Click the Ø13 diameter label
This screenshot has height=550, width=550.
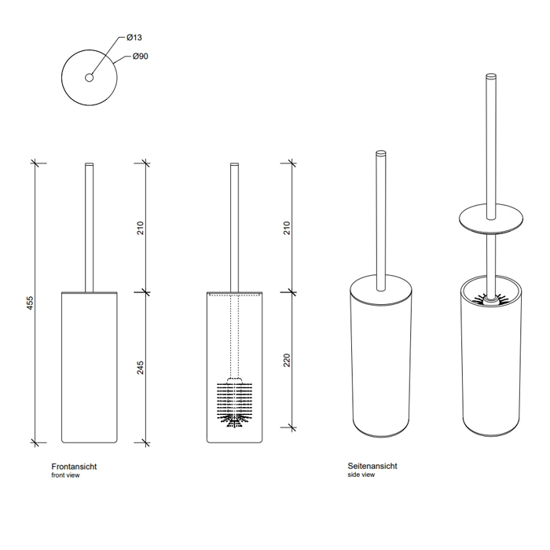(x=134, y=37)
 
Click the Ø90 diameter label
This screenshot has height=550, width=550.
(x=141, y=56)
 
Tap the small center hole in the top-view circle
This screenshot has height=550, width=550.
(x=89, y=78)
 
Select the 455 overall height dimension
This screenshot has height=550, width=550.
(x=30, y=303)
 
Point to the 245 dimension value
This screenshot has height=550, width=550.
(x=141, y=368)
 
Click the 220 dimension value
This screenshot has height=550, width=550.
(x=287, y=361)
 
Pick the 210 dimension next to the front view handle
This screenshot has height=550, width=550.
(x=141, y=228)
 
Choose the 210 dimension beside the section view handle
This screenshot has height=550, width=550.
(x=287, y=228)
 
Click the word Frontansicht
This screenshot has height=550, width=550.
(x=74, y=467)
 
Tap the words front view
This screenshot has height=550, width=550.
(x=65, y=475)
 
